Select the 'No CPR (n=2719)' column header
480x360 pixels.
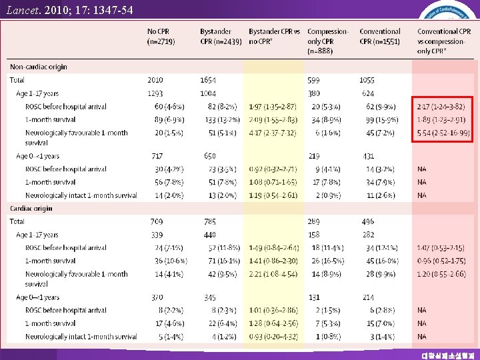pyautogui.click(x=162, y=36)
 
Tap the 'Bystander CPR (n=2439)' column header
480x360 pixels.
pyautogui.click(x=221, y=36)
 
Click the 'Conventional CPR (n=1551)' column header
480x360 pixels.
pyautogui.click(x=380, y=36)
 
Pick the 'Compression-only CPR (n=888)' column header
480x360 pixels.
pyautogui.click(x=327, y=41)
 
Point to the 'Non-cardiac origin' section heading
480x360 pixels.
pyautogui.click(x=39, y=67)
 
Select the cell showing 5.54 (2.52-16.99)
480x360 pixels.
pyautogui.click(x=443, y=133)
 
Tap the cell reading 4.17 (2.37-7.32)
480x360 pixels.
pyautogui.click(x=273, y=133)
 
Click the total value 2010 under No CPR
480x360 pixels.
pyautogui.click(x=155, y=80)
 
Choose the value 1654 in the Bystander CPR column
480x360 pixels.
pyautogui.click(x=208, y=80)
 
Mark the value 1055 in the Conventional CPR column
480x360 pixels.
pyautogui.click(x=368, y=80)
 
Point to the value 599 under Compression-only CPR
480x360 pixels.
pyautogui.click(x=314, y=80)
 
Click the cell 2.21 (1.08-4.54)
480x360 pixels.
pyautogui.click(x=273, y=273)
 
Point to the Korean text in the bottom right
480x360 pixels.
pyautogui.click(x=442, y=355)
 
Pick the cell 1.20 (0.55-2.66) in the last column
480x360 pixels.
pyautogui.click(x=441, y=273)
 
